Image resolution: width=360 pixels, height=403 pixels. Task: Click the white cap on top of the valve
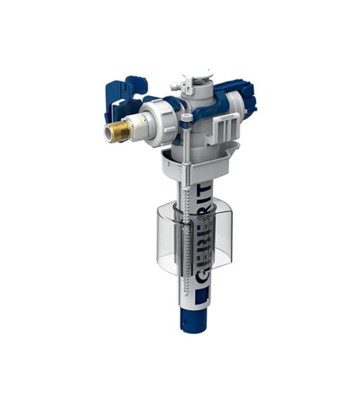pyautogui.click(x=197, y=80)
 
